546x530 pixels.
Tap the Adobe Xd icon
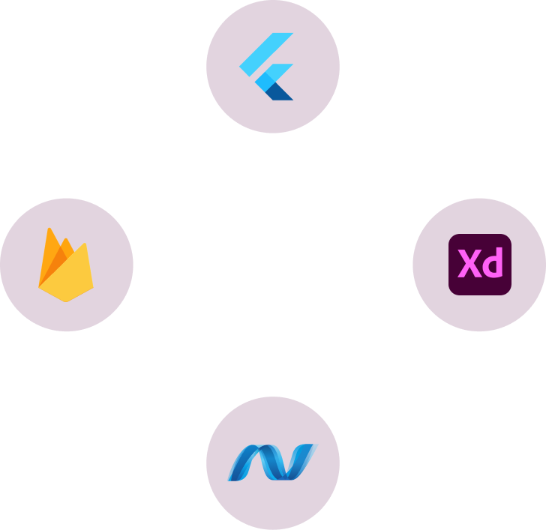[x=479, y=265]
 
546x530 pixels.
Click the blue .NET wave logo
[x=272, y=462]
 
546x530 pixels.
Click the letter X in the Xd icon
[x=469, y=265]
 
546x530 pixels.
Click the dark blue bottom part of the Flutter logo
[x=281, y=91]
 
